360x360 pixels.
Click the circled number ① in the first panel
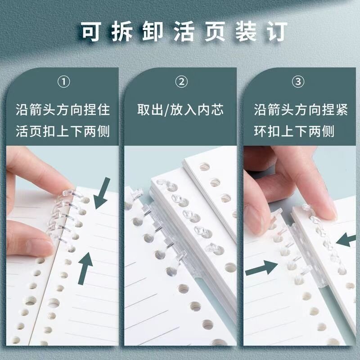[63, 82]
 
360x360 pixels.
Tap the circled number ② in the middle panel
[181, 82]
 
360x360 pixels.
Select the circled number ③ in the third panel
[298, 82]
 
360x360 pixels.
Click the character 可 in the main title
[91, 31]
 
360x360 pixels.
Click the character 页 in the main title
[215, 31]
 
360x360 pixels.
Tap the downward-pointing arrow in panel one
[102, 193]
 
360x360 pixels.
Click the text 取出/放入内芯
[180, 109]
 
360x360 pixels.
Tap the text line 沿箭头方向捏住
[63, 109]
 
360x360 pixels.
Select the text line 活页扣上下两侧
[63, 131]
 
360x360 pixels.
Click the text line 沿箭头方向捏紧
[301, 109]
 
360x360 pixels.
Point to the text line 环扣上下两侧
[294, 131]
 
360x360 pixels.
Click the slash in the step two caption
[166, 110]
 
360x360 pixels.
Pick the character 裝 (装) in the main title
[246, 31]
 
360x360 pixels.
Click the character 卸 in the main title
[153, 31]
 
